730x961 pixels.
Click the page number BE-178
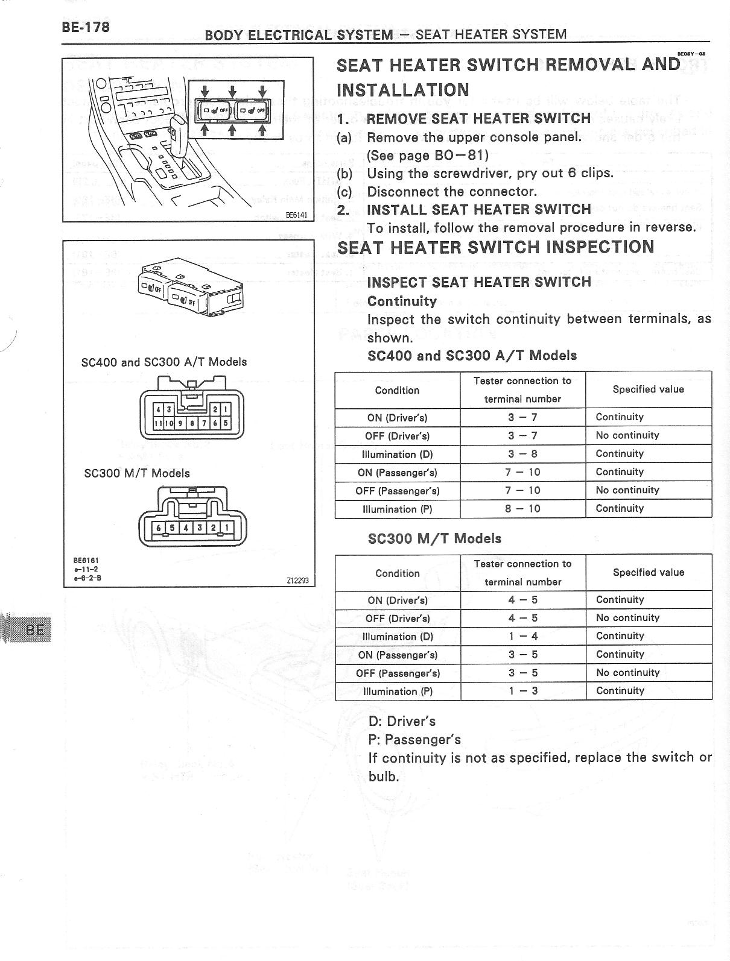(85, 27)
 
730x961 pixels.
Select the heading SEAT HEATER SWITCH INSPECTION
(495, 247)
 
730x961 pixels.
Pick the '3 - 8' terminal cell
(522, 454)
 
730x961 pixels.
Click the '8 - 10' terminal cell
(522, 509)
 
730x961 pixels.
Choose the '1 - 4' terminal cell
(522, 636)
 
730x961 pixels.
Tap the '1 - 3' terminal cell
(522, 691)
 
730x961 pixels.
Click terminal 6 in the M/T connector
(159, 528)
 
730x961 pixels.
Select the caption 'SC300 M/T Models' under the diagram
(137, 473)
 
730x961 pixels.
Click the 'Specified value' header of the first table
(648, 389)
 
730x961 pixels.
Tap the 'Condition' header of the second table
(397, 573)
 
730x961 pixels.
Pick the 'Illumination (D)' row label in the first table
(397, 455)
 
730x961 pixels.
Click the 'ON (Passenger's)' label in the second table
(398, 655)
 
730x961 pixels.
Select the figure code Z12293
(297, 581)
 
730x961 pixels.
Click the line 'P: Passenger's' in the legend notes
(414, 740)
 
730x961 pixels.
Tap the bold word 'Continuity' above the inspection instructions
(402, 301)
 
